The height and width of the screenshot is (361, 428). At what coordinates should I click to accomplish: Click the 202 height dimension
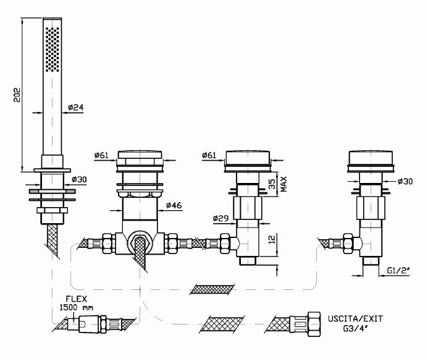point(18,94)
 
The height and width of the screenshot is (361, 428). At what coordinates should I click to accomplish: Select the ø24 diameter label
point(76,107)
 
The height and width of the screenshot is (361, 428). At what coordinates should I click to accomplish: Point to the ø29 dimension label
point(221,218)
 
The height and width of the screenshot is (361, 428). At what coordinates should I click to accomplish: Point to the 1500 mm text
point(76,308)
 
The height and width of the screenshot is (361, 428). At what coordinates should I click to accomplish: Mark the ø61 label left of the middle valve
point(211,155)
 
